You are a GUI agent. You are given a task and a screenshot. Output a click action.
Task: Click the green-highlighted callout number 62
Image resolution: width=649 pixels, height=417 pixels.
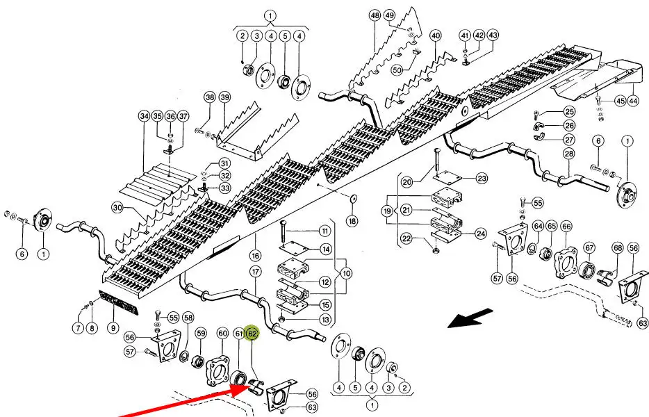click(x=252, y=334)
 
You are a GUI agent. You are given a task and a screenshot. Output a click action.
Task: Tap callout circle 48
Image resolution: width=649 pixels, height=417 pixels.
click(x=375, y=15)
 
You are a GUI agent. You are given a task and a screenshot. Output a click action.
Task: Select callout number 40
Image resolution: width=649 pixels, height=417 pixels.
click(x=436, y=35)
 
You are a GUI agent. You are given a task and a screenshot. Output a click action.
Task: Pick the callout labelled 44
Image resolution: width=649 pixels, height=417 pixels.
click(x=633, y=101)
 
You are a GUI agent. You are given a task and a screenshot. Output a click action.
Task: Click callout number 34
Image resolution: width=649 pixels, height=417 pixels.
click(x=144, y=115)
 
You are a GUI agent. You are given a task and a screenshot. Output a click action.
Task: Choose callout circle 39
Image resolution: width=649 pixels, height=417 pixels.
click(x=224, y=97)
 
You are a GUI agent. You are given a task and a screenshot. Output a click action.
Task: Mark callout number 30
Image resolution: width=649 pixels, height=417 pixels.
click(x=117, y=207)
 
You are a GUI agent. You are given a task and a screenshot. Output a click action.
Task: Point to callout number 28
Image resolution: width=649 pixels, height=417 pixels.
click(x=569, y=153)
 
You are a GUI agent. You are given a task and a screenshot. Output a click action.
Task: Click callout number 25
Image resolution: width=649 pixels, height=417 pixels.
click(x=569, y=112)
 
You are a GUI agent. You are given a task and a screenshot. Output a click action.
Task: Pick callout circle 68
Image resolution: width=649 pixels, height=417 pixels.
click(x=617, y=247)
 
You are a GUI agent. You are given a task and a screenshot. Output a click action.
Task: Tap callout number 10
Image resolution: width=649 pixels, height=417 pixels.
click(x=345, y=273)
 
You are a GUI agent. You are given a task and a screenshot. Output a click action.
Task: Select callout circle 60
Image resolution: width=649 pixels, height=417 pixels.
click(x=222, y=334)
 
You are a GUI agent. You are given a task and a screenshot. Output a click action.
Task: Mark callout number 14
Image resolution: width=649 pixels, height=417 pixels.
click(x=325, y=249)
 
